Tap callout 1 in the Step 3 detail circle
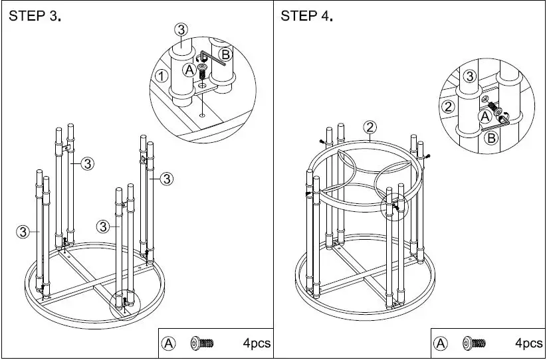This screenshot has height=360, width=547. tap(160, 76)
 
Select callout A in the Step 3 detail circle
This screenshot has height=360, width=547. tap(189, 69)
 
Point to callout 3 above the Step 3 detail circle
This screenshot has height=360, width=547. tap(182, 29)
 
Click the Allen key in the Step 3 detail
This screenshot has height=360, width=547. tap(214, 58)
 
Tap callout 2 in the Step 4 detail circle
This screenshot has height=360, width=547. tap(448, 107)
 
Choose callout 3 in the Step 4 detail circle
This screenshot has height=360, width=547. tap(469, 76)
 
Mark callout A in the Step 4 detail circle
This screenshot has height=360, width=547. tap(485, 116)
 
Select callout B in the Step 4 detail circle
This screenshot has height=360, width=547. tap(491, 138)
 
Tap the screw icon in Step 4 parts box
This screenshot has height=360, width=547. tap(474, 343)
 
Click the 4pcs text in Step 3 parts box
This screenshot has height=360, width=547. tap(257, 343)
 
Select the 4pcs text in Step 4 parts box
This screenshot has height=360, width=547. tap(529, 343)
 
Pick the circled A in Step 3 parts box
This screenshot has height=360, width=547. tap(169, 343)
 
